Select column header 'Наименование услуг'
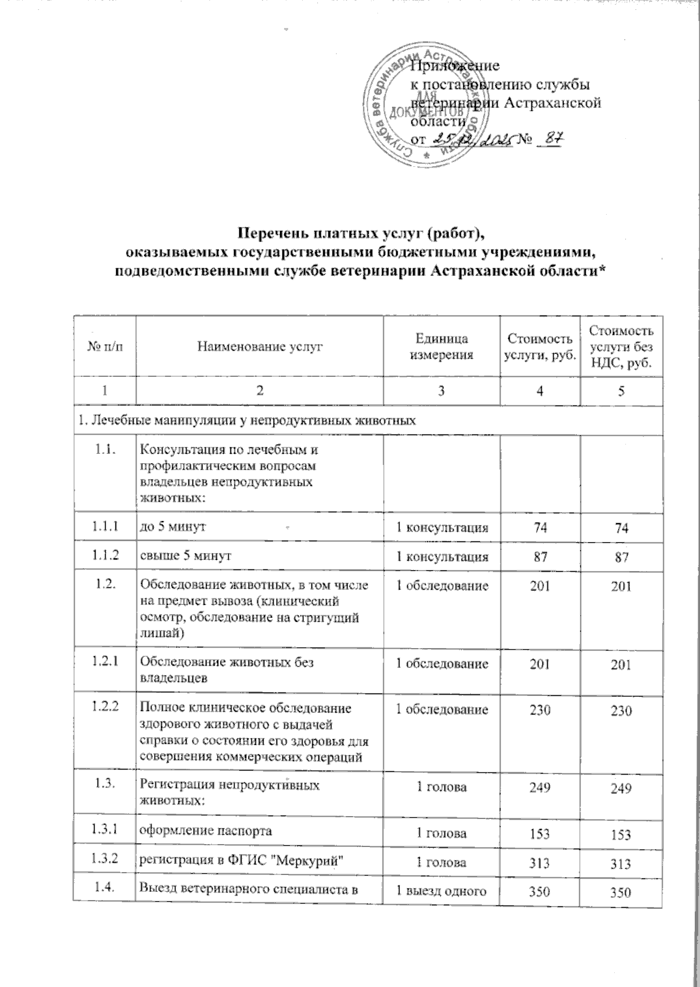click(260, 346)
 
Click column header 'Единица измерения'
click(441, 346)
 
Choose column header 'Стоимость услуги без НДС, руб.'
click(621, 346)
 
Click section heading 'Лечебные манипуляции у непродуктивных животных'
click(247, 421)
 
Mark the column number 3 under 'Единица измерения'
click(441, 391)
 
